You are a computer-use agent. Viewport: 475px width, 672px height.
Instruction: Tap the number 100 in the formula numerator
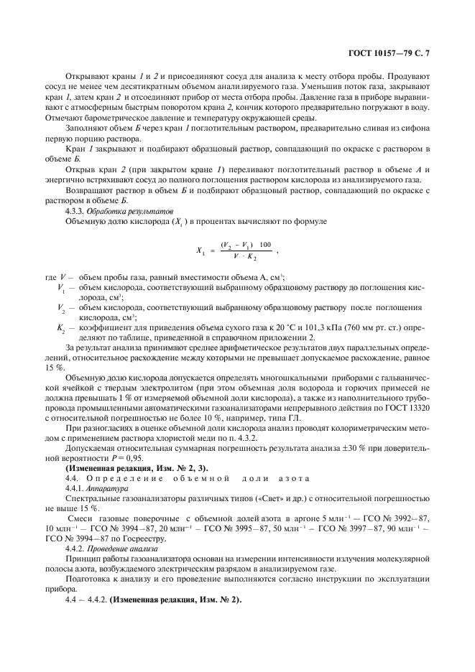click(x=265, y=245)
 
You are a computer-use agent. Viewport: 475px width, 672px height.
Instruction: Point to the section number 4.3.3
click(x=77, y=212)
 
